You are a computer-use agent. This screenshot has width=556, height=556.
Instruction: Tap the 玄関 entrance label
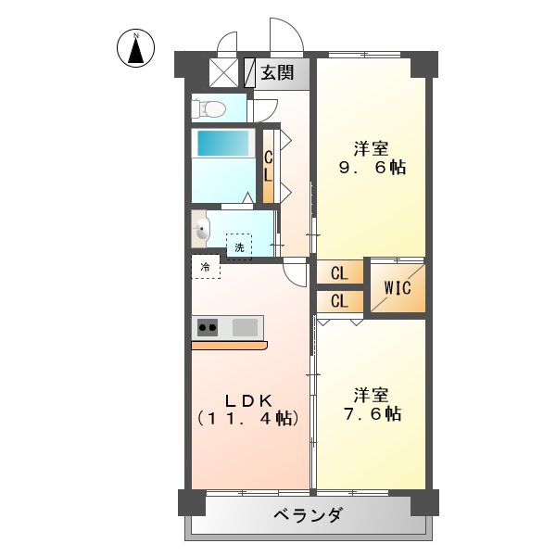(277, 73)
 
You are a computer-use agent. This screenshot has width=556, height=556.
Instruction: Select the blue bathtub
(222, 144)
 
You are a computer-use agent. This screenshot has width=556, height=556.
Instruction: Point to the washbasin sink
(201, 229)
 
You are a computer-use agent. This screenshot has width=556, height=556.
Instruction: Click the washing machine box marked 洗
(239, 246)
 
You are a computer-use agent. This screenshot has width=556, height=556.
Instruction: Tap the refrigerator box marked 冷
(206, 267)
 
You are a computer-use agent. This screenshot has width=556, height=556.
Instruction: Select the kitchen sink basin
(246, 327)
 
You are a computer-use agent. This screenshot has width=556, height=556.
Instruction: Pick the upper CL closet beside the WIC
(339, 273)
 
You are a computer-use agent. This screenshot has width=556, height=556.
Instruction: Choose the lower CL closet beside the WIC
(339, 301)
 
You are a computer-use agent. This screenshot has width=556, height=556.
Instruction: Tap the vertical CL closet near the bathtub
(269, 167)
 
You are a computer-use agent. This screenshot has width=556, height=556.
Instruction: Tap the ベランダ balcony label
(309, 516)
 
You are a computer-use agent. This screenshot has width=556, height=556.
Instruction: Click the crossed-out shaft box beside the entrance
(223, 73)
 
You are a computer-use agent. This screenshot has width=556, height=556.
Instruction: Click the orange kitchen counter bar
(229, 346)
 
